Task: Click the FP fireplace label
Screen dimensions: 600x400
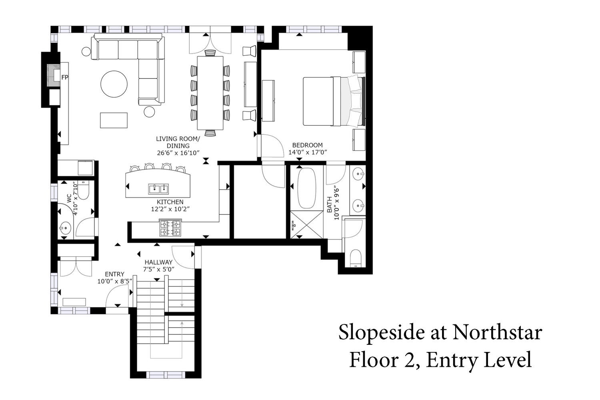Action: pos(65,78)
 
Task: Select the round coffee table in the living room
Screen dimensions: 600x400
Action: pos(114,84)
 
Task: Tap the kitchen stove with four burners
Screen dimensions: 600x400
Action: pos(170,228)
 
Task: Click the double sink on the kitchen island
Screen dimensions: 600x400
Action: pos(158,189)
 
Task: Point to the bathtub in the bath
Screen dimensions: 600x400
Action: pos(307,188)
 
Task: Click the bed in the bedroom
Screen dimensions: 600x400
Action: pos(334,101)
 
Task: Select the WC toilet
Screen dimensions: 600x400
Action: pos(83,190)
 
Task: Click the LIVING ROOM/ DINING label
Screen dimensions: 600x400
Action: pos(178,142)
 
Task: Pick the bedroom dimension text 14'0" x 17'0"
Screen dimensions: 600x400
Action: pos(308,152)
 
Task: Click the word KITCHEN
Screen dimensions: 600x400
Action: pos(170,202)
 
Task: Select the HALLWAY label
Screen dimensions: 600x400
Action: pos(158,262)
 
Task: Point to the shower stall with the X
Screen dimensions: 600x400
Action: pos(307,224)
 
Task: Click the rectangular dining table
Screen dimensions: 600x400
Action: pos(210,93)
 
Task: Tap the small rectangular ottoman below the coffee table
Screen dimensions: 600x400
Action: pos(114,120)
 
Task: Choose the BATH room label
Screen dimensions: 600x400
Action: pos(330,205)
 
